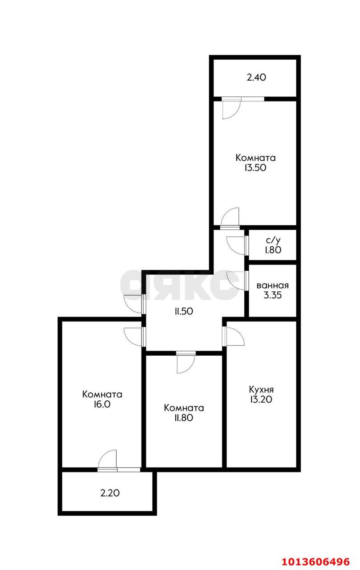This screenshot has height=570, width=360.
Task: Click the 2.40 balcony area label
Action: point(256,77)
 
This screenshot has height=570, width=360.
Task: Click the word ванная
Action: point(273,285)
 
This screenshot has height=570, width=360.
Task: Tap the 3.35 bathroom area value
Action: point(273,295)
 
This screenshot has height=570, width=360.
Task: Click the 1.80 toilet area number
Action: point(272,250)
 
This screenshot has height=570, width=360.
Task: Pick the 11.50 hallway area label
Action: point(183,311)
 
